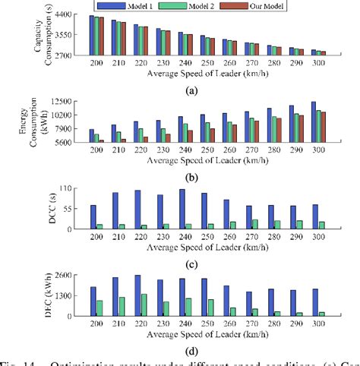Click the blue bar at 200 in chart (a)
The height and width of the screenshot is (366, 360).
click(x=92, y=35)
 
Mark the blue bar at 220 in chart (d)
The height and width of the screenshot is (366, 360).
click(x=137, y=295)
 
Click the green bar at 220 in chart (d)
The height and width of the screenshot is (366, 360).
click(x=143, y=304)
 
